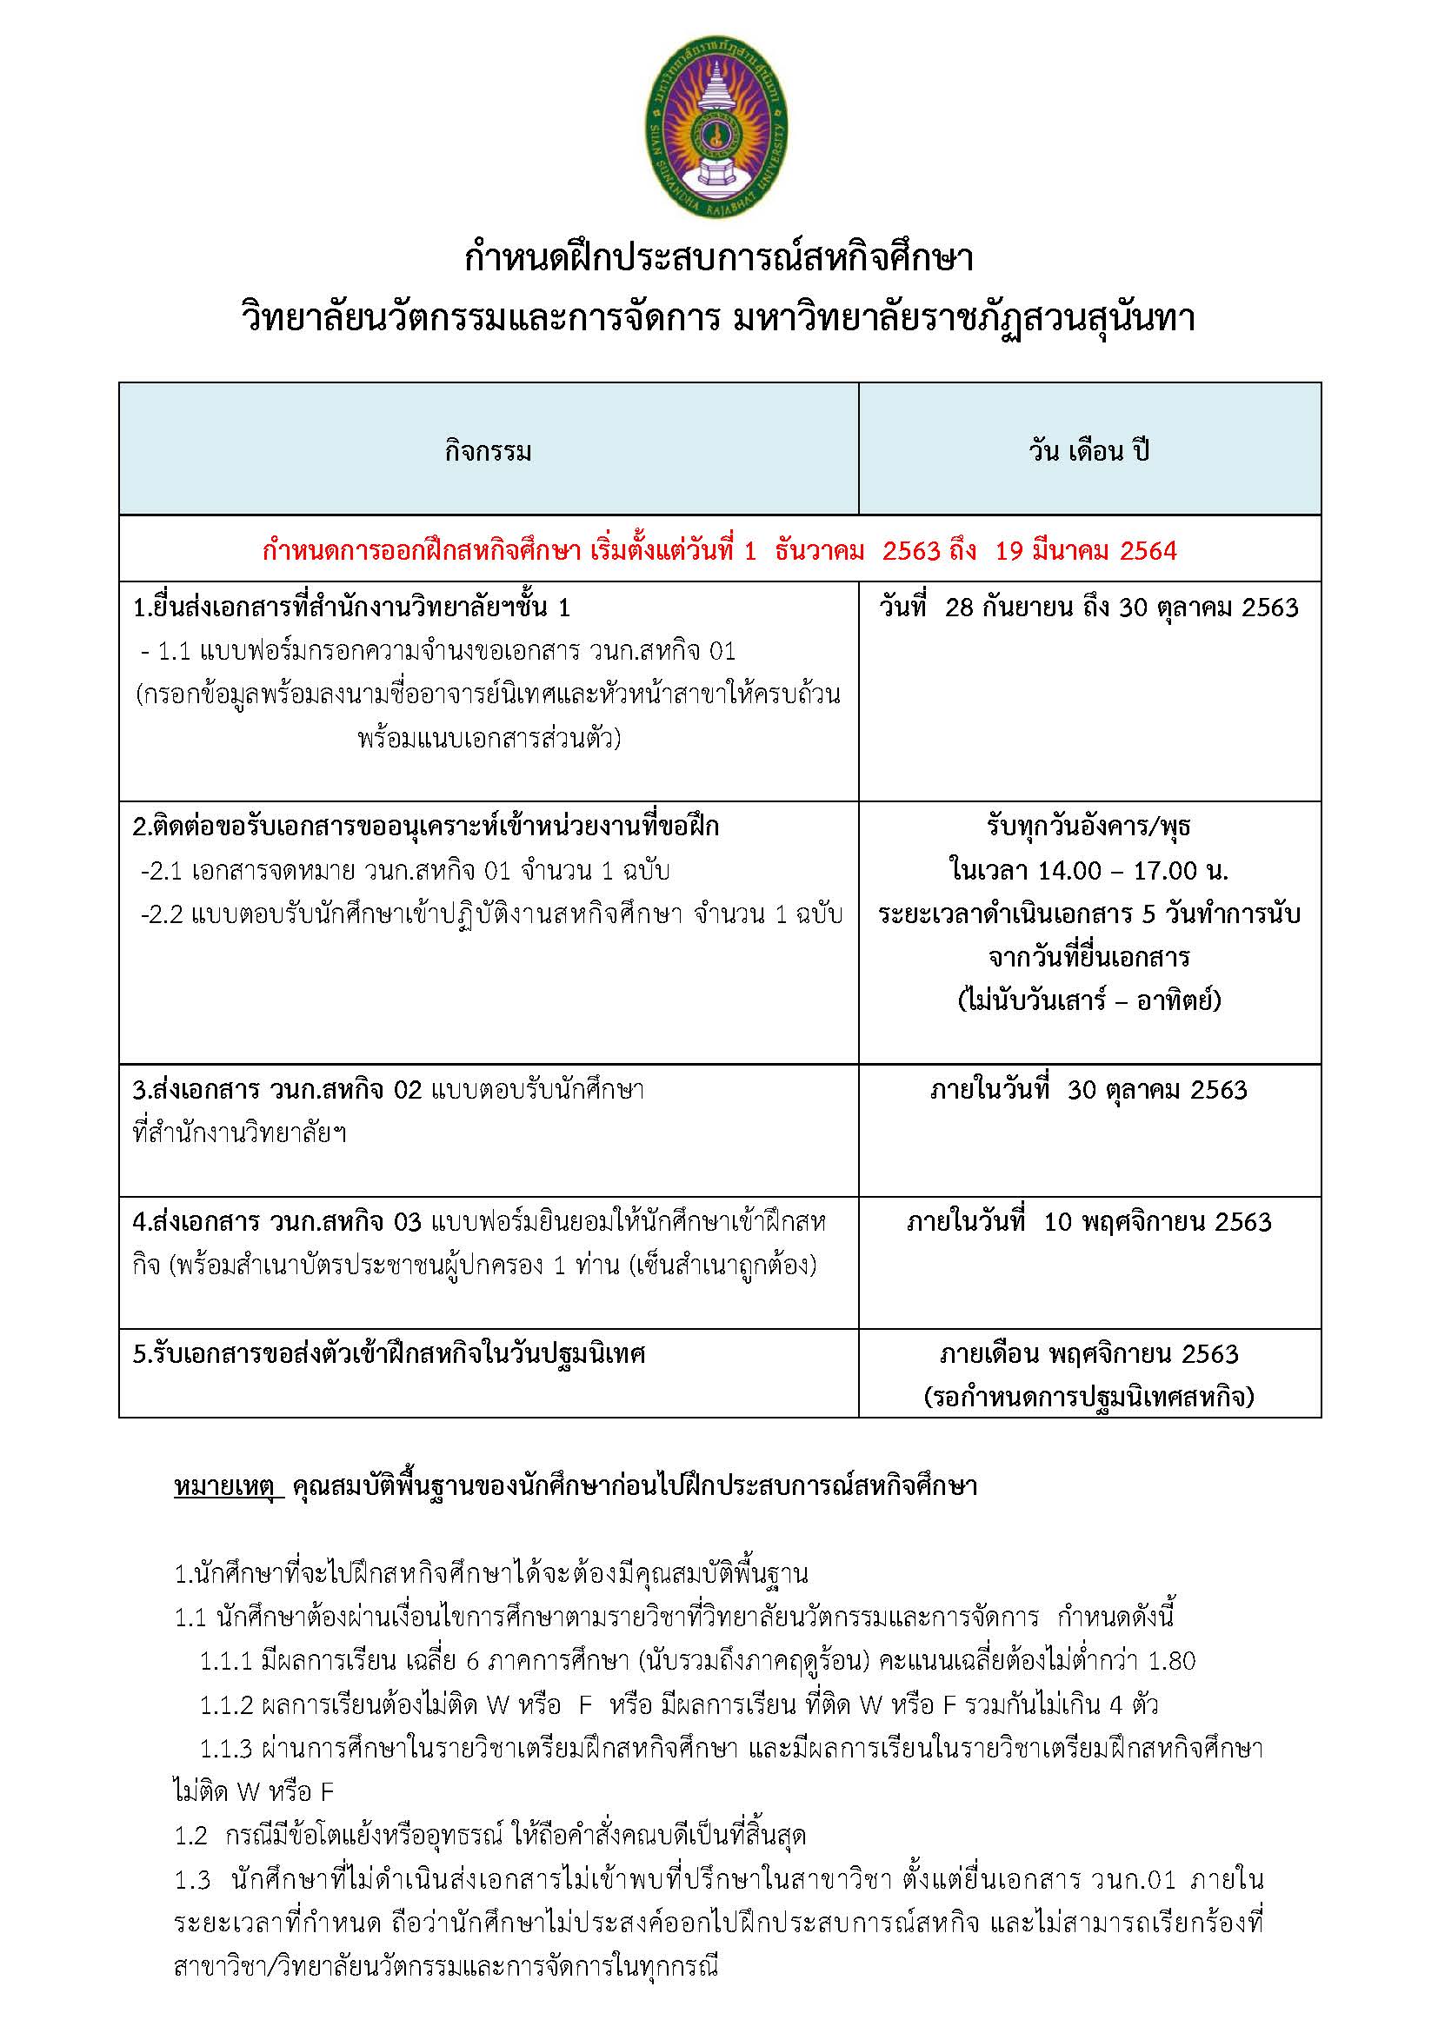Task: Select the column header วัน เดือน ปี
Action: tap(1088, 452)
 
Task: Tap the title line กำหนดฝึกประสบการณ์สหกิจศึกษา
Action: tap(718, 258)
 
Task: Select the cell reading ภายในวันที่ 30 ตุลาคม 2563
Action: tap(1088, 1089)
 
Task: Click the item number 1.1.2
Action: tap(227, 1704)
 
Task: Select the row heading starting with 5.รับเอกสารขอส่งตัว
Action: tap(389, 1354)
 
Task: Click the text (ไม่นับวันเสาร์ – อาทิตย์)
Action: tap(1089, 1000)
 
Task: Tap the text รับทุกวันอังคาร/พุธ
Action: tap(1088, 827)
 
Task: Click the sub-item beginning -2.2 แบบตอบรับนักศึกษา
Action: tap(490, 914)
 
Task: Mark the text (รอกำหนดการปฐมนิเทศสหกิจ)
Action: tap(1088, 1397)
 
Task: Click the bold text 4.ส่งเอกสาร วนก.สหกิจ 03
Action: tap(277, 1222)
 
